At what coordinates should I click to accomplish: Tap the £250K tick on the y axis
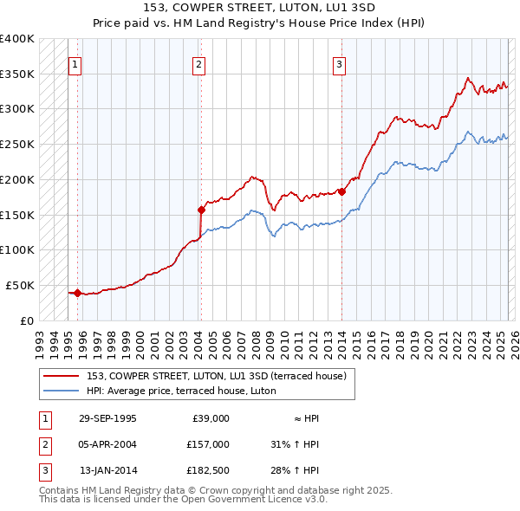(x=17, y=145)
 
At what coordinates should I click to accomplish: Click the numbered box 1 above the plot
(x=75, y=64)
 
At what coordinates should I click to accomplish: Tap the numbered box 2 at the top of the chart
(x=198, y=64)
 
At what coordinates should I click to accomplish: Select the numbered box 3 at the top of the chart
(x=339, y=64)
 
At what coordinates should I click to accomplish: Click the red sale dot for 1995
(x=78, y=293)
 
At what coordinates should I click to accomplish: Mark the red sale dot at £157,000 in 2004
(x=201, y=210)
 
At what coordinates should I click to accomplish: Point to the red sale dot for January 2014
(x=341, y=191)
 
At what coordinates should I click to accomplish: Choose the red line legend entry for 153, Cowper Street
(x=216, y=376)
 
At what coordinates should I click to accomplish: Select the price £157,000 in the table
(x=207, y=444)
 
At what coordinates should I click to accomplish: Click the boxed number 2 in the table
(x=42, y=444)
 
